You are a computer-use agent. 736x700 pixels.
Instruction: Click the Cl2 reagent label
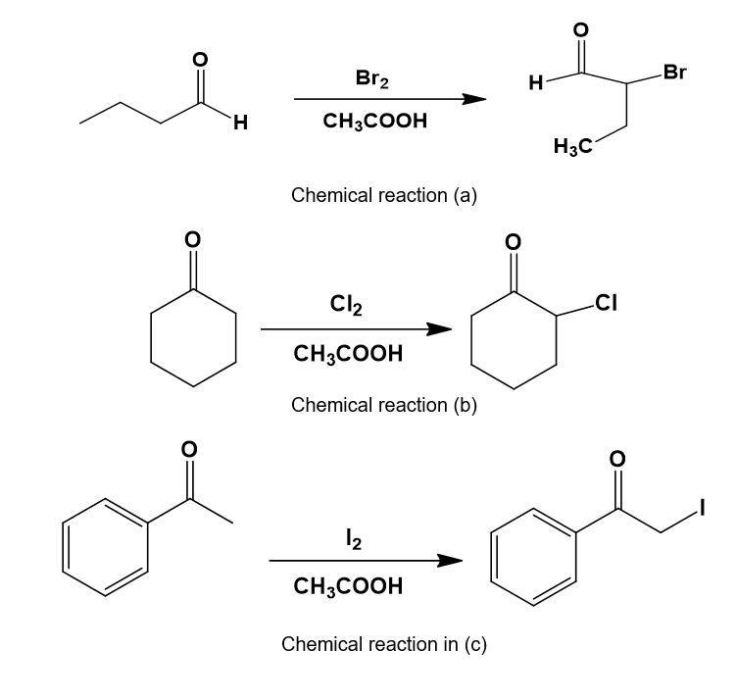tap(347, 307)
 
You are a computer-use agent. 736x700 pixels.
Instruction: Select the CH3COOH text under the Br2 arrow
tap(373, 123)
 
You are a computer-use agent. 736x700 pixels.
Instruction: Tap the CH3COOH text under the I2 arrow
tap(347, 586)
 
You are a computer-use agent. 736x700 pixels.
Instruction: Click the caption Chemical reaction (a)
tap(384, 194)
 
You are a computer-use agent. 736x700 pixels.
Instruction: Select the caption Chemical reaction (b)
tap(384, 404)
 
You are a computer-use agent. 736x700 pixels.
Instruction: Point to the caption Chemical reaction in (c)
tap(384, 644)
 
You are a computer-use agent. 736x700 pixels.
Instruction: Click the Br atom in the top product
tap(674, 72)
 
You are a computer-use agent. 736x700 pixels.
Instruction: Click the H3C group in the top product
tap(572, 148)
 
